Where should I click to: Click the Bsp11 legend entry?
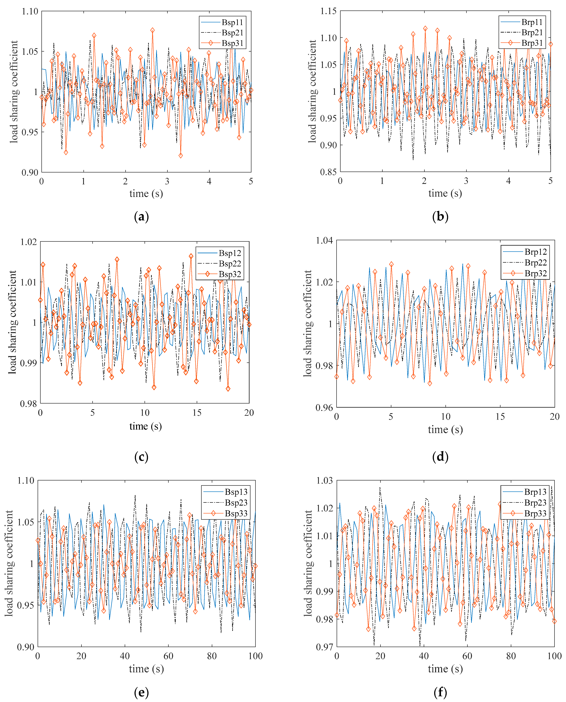pos(232,22)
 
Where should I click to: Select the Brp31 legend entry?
pos(532,43)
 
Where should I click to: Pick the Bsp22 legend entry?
pos(230,263)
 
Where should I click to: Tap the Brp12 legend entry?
pos(535,252)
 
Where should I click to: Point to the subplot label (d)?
pos(440,457)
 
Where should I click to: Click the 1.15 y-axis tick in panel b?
pos(328,11)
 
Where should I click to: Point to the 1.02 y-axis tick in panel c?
pos(29,242)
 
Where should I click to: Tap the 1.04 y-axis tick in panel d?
pos(324,241)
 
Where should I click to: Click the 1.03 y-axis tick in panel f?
pos(324,481)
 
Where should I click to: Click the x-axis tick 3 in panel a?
pos(167,181)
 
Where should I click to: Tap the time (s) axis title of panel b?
pos(445,193)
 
